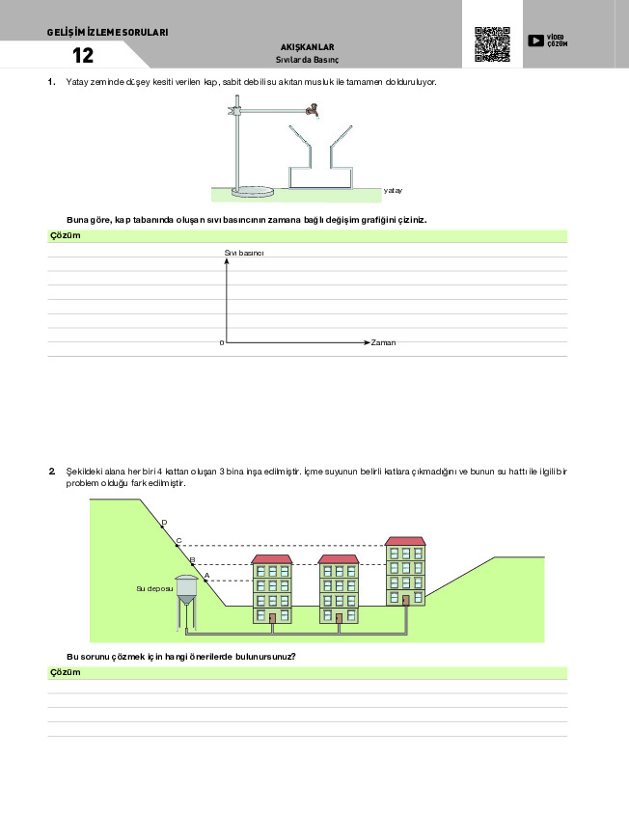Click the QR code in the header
click(492, 44)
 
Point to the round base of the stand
click(253, 190)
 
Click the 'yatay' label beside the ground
click(392, 191)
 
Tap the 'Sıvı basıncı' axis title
click(244, 253)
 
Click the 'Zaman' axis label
click(383, 342)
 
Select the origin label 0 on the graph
click(221, 343)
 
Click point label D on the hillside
click(164, 523)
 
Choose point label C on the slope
click(178, 541)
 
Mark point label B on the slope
click(192, 559)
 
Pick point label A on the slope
click(205, 576)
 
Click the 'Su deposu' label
click(154, 587)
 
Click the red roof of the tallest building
click(404, 541)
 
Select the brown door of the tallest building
click(406, 600)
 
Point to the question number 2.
click(51, 471)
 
